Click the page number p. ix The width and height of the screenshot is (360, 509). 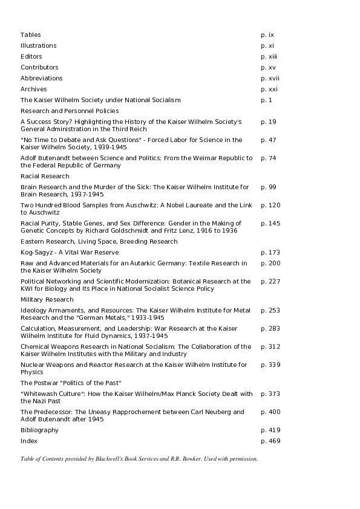267,35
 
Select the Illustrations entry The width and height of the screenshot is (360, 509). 39,46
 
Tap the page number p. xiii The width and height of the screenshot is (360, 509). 269,57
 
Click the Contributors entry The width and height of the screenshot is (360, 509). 39,68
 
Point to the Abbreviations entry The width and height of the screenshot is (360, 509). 42,79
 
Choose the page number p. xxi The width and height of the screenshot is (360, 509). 269,89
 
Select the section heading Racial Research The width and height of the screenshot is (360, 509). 45,177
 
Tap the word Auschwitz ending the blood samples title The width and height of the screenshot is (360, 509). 41,213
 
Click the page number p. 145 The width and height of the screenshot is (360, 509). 270,224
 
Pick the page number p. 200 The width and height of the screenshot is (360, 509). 270,263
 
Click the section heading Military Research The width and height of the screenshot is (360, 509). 47,300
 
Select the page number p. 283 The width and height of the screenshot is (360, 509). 270,329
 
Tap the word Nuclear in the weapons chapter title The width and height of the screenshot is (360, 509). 32,365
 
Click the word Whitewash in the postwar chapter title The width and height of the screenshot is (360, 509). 41,394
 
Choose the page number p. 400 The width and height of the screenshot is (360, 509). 270,412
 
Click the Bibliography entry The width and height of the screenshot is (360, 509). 39,430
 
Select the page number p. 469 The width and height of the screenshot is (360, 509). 270,441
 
